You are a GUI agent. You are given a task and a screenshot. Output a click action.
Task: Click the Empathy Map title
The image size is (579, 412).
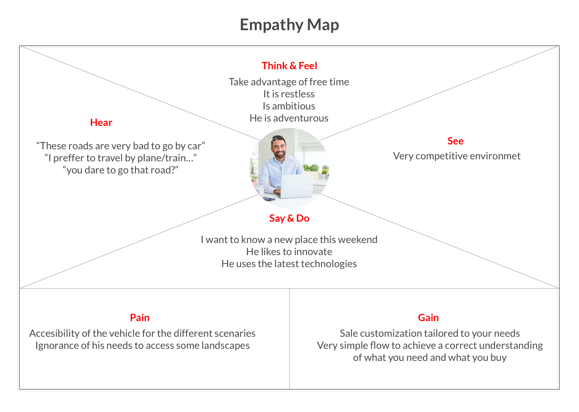point(289,25)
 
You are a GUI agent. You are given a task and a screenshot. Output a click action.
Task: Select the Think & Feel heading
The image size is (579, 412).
point(289,66)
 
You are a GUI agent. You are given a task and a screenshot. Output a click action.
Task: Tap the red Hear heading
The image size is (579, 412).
point(101,122)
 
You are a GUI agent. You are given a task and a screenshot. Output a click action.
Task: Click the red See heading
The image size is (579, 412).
point(455,141)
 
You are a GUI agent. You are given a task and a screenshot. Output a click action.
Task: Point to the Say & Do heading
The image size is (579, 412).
point(289,218)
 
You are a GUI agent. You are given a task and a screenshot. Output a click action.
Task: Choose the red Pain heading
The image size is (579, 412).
point(140,317)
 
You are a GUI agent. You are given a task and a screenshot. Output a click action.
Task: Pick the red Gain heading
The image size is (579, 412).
point(428,317)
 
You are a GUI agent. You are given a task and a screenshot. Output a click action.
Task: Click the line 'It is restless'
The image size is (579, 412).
point(289,94)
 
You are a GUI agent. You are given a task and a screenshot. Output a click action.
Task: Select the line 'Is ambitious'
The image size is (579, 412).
point(289,106)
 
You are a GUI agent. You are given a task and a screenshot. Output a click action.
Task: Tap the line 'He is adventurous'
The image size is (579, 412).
point(289,118)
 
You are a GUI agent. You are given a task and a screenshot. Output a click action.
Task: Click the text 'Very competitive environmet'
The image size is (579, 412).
point(456,156)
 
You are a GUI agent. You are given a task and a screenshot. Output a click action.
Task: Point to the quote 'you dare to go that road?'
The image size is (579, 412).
point(120,170)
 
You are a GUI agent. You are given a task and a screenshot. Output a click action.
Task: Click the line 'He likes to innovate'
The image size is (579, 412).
point(289,251)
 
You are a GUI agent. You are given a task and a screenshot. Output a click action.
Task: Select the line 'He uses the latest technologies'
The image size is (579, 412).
point(289,264)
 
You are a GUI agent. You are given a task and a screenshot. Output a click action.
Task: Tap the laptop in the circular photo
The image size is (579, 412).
point(296,186)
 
